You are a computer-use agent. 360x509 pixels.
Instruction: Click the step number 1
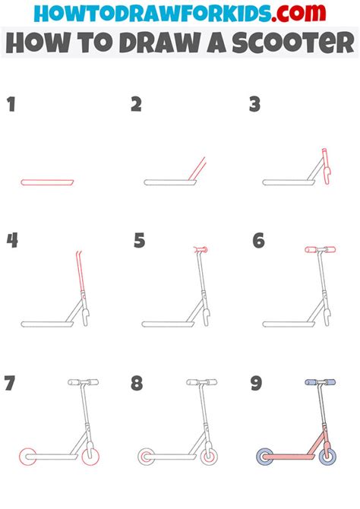click(11, 105)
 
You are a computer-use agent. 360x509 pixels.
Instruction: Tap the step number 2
click(136, 105)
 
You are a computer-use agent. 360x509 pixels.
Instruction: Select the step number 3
click(255, 105)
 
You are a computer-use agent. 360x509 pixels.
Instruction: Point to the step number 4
click(12, 241)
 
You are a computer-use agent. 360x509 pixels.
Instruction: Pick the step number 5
click(139, 241)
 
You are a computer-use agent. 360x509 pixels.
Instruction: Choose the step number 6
click(258, 241)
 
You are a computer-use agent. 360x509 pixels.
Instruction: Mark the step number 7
click(11, 384)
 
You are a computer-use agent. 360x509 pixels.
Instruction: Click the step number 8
click(137, 384)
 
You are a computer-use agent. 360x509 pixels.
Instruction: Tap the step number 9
click(257, 384)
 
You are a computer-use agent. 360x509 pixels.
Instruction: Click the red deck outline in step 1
click(47, 182)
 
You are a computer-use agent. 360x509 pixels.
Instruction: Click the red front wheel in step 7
click(91, 457)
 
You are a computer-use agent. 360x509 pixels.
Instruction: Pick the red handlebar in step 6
click(319, 249)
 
